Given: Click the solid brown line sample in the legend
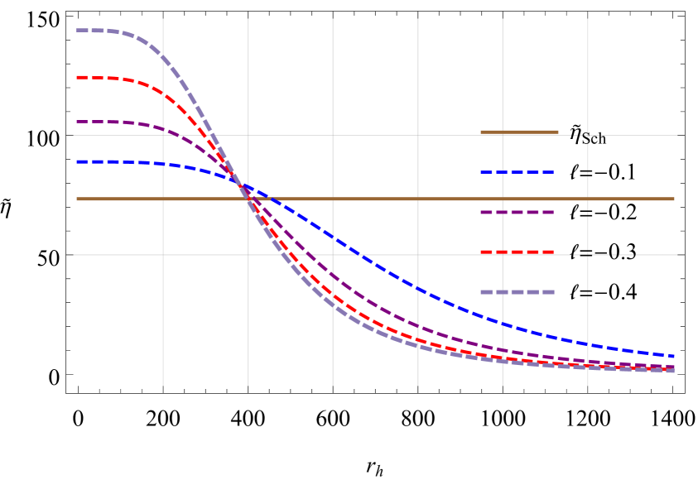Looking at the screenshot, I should pos(519,132).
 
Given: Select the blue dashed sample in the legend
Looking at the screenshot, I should pos(517,172).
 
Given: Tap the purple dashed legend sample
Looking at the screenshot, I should pos(517,212).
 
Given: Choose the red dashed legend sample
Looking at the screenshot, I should pos(517,252).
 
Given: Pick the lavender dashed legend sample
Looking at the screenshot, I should pos(517,291).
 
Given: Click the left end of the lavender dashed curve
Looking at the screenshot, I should pos(77,31).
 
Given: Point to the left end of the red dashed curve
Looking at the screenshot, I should pos(77,78).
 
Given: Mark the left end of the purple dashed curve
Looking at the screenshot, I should pos(77,122).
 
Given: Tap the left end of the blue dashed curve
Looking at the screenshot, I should pos(77,161).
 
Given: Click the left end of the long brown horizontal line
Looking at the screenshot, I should pos(77,199).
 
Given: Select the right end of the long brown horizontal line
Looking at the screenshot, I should pos(674,199).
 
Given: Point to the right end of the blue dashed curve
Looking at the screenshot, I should pos(674,356).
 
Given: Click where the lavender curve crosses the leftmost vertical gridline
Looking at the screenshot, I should pos(163,60).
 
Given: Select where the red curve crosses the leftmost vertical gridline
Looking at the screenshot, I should pos(163,93).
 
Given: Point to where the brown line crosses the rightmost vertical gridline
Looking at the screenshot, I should pos(588,199).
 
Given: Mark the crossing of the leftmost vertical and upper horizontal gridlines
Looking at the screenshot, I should pos(163,135).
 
